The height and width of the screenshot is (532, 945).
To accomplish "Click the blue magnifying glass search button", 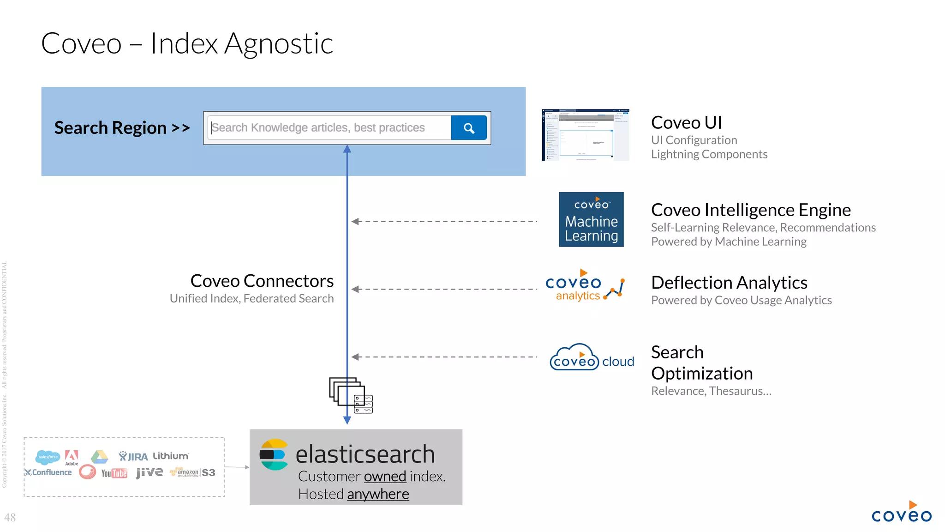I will click(468, 128).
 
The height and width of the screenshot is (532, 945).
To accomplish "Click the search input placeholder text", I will click(318, 128).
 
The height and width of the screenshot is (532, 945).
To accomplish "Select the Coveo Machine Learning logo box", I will click(591, 219).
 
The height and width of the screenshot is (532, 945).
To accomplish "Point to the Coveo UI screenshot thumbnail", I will click(585, 135).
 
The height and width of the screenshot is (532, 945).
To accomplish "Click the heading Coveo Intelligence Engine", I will click(750, 210).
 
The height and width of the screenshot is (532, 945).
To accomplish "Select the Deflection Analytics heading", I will click(729, 283).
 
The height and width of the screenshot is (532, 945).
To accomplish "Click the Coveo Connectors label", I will click(262, 281).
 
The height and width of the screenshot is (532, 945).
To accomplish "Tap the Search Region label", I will click(122, 128).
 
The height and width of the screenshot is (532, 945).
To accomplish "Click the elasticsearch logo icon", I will click(274, 454).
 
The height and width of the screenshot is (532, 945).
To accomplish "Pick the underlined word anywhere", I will click(378, 494).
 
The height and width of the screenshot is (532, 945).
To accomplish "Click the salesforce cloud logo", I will click(48, 457).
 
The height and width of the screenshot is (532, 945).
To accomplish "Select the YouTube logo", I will click(114, 473).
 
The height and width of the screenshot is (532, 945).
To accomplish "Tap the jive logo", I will click(149, 472).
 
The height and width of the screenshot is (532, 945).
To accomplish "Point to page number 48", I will click(10, 517).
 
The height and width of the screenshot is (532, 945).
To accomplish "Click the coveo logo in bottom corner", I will click(901, 513).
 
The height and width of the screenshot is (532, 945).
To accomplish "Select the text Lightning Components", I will click(709, 154).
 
